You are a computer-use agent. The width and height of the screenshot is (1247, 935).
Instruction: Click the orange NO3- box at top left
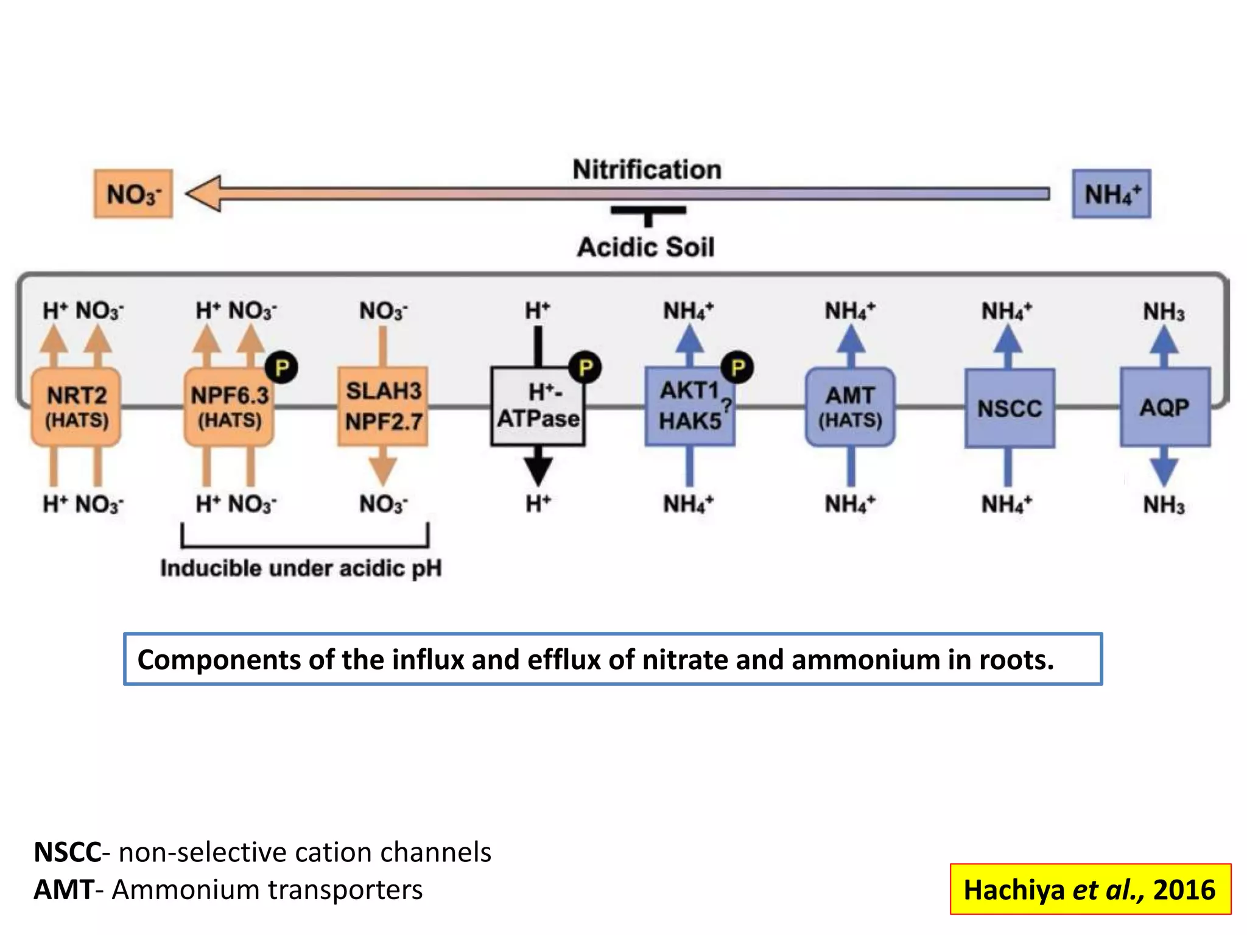[133, 194]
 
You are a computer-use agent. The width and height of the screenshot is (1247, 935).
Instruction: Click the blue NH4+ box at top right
[1111, 194]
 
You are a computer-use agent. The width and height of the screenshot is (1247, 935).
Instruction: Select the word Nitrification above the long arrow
[647, 170]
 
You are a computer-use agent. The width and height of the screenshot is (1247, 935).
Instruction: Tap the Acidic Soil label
[646, 247]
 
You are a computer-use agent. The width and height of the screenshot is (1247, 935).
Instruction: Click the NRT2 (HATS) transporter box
[76, 407]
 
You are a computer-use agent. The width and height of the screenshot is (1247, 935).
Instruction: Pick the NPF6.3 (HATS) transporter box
[229, 407]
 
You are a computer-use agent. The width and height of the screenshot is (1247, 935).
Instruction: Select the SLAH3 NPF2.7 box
[383, 407]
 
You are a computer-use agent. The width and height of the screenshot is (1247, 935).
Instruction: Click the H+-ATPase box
[538, 407]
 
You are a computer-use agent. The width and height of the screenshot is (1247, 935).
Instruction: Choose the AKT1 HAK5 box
[690, 407]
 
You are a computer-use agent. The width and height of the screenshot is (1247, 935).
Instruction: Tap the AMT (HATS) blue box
[850, 407]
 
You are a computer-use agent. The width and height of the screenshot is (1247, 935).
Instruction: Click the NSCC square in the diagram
[1010, 408]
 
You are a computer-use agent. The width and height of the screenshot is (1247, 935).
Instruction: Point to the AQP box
[1165, 407]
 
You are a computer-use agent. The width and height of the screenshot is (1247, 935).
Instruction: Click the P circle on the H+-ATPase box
[585, 368]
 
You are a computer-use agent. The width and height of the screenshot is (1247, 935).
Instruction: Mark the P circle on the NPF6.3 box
[281, 368]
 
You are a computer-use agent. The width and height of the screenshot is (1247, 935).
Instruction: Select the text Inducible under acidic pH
[301, 568]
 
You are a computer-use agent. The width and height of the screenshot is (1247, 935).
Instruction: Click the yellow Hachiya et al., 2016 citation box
[1090, 889]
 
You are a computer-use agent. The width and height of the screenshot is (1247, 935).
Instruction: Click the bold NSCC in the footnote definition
[67, 852]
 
